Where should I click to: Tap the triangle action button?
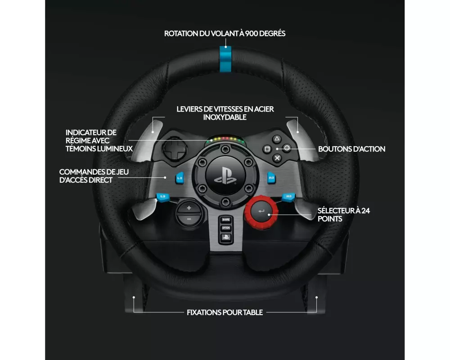pyautogui.click(x=277, y=139)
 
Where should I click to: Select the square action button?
pyautogui.click(x=267, y=148)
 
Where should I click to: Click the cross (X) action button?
pyautogui.click(x=277, y=158)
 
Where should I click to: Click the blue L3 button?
pyautogui.click(x=162, y=196)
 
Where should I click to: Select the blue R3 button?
pyautogui.click(x=288, y=196)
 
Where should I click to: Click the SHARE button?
pyautogui.click(x=225, y=220)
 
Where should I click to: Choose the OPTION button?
pyautogui.click(x=225, y=228)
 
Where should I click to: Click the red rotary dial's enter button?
pyautogui.click(x=261, y=210)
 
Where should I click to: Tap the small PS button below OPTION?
pyautogui.click(x=225, y=236)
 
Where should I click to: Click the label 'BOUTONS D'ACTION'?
pyautogui.click(x=351, y=149)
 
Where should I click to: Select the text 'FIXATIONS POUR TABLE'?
pyautogui.click(x=225, y=312)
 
